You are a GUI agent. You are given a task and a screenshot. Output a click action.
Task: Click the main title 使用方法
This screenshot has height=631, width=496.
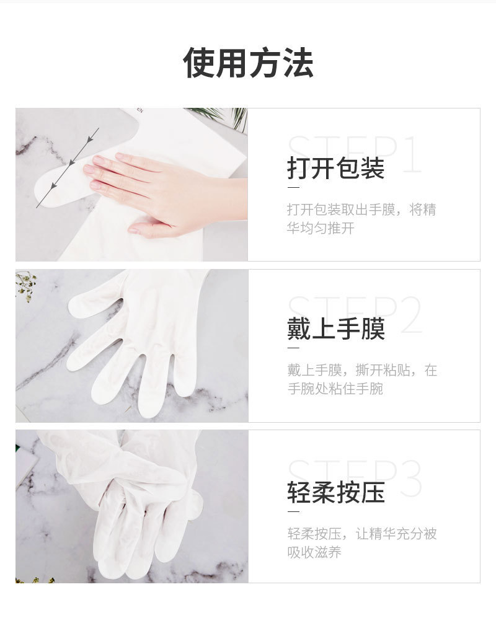(x=248, y=63)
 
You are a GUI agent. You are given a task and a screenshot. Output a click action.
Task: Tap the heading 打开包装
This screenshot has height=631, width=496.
(x=336, y=168)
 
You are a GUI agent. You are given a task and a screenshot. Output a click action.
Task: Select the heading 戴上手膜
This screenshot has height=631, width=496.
(x=336, y=329)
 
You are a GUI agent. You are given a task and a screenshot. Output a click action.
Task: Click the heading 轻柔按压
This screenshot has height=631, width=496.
(x=336, y=492)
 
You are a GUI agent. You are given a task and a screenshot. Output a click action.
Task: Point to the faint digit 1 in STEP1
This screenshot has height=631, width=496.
(x=412, y=154)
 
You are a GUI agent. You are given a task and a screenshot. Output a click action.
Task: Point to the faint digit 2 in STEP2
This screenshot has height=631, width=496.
(x=410, y=315)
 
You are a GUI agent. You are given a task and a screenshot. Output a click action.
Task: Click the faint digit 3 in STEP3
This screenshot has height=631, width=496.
(x=410, y=479)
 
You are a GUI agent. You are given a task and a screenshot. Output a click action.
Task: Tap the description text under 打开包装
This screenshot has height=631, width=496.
(x=361, y=219)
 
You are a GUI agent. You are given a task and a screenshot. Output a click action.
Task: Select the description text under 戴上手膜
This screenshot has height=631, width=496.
(x=362, y=379)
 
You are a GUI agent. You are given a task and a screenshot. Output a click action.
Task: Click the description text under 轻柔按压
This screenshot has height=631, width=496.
(x=362, y=543)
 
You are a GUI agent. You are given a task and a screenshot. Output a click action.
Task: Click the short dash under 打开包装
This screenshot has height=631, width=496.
(x=293, y=188)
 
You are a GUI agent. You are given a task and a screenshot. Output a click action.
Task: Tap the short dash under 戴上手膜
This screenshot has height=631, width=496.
(x=293, y=348)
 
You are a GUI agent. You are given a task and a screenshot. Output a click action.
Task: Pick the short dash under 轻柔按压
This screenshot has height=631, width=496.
(x=293, y=512)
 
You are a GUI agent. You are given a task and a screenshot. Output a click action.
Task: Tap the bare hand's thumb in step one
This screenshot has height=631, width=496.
(x=149, y=227)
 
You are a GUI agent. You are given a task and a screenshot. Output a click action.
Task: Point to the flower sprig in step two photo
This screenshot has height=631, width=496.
(x=26, y=286)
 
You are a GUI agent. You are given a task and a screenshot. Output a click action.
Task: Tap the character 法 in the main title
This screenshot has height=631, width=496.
(x=298, y=63)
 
